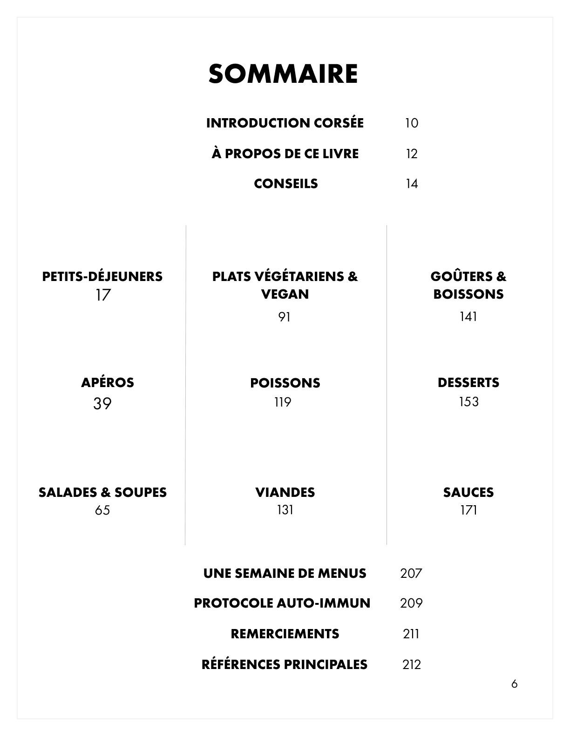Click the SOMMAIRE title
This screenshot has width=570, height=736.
283,74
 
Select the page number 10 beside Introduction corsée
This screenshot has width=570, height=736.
412,123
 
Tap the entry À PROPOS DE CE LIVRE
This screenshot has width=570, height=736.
285,154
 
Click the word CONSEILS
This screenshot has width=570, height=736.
286,184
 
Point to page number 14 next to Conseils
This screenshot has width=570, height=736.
412,184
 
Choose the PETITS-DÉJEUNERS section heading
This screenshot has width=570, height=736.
102,276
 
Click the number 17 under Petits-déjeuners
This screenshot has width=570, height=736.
103,295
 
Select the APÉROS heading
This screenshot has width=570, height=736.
108,382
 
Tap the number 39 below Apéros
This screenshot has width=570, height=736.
102,403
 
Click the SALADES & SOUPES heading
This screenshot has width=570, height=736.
102,492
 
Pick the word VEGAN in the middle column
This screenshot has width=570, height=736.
285,294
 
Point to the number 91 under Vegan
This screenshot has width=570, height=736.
284,317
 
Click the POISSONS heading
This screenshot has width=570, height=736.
285,383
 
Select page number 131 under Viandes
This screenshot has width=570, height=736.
285,510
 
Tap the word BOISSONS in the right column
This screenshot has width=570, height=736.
468,294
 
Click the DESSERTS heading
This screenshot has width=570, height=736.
468,382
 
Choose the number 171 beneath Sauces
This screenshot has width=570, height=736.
468,510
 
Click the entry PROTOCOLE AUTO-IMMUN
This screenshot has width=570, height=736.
282,603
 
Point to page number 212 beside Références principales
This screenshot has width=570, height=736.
412,664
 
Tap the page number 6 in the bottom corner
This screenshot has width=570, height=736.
515,684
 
